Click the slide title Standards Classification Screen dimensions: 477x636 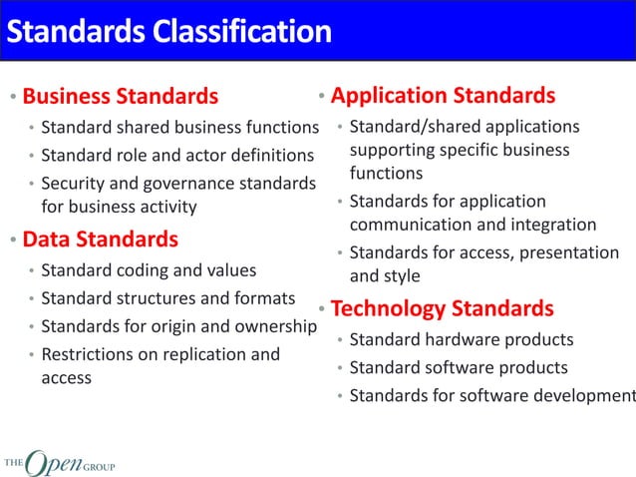click(x=168, y=32)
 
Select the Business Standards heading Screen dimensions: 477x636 click(x=120, y=97)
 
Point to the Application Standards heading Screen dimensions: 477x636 click(x=443, y=96)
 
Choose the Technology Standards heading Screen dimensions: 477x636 click(x=442, y=307)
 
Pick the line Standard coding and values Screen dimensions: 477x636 click(x=149, y=270)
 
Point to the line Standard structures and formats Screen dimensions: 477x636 click(x=167, y=298)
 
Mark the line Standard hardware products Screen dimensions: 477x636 click(x=462, y=340)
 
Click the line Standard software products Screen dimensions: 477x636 click(x=459, y=368)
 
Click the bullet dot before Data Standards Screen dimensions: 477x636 click(x=12, y=241)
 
